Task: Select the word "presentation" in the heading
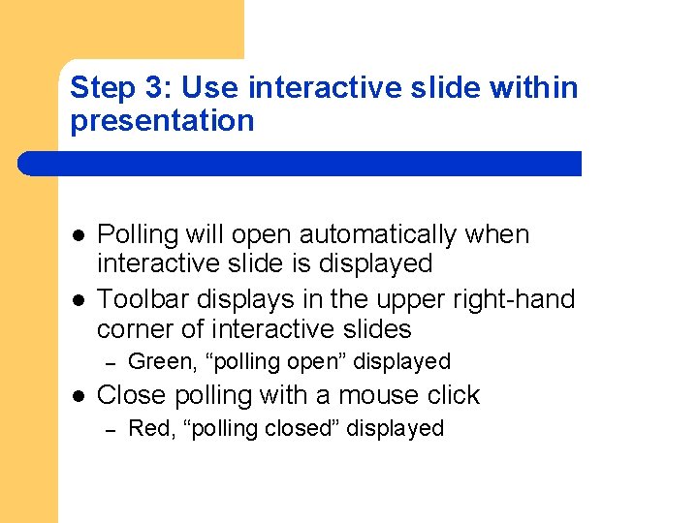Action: click(x=162, y=121)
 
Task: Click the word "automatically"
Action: click(x=378, y=235)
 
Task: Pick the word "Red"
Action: click(x=148, y=428)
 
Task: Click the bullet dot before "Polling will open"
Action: click(x=76, y=235)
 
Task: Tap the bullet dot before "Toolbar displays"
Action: click(x=76, y=299)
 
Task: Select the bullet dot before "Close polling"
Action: click(x=76, y=395)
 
